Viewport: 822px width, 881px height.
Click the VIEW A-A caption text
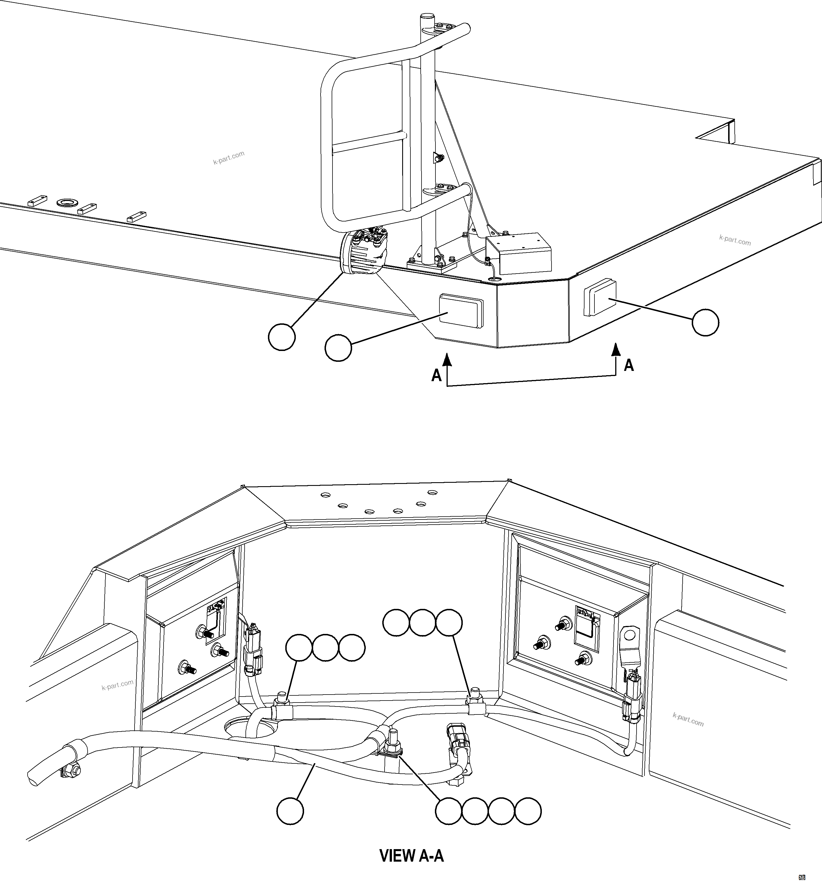pos(412,855)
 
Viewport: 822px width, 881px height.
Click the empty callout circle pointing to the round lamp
pos(282,337)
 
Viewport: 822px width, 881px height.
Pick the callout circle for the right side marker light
pos(705,323)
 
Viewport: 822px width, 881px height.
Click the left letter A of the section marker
pos(436,375)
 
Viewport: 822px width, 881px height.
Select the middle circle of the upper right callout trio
pos(422,623)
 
